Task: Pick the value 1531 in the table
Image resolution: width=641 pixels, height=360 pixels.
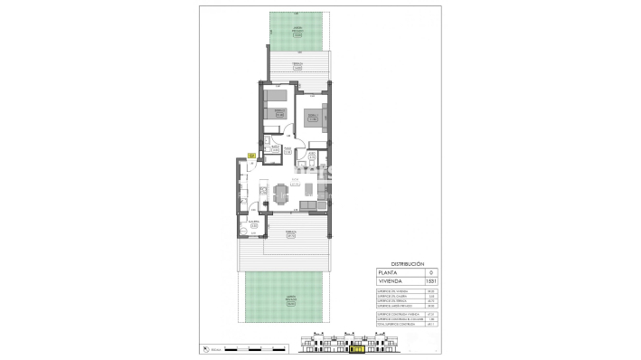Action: click(x=430, y=281)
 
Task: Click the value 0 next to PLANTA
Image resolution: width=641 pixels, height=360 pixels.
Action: click(x=430, y=272)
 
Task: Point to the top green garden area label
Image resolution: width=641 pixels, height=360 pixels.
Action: click(x=297, y=34)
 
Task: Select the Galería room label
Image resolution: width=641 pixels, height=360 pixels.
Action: click(x=255, y=223)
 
